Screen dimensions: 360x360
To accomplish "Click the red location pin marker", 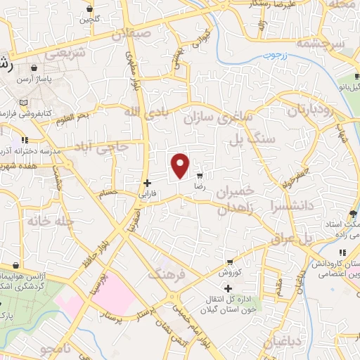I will tap(181, 166).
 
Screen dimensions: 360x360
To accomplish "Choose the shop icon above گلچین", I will tap(90, 8).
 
